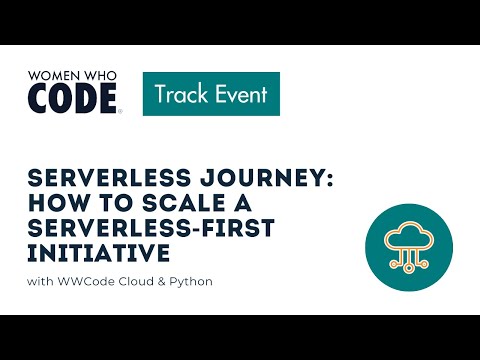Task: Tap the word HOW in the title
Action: tap(54, 204)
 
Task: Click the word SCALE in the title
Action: tap(163, 204)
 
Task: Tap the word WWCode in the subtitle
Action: tap(83, 281)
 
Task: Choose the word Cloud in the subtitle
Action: tap(134, 281)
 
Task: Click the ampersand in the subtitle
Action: tap(162, 281)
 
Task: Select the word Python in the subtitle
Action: tap(191, 281)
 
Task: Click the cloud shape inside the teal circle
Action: tap(408, 234)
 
